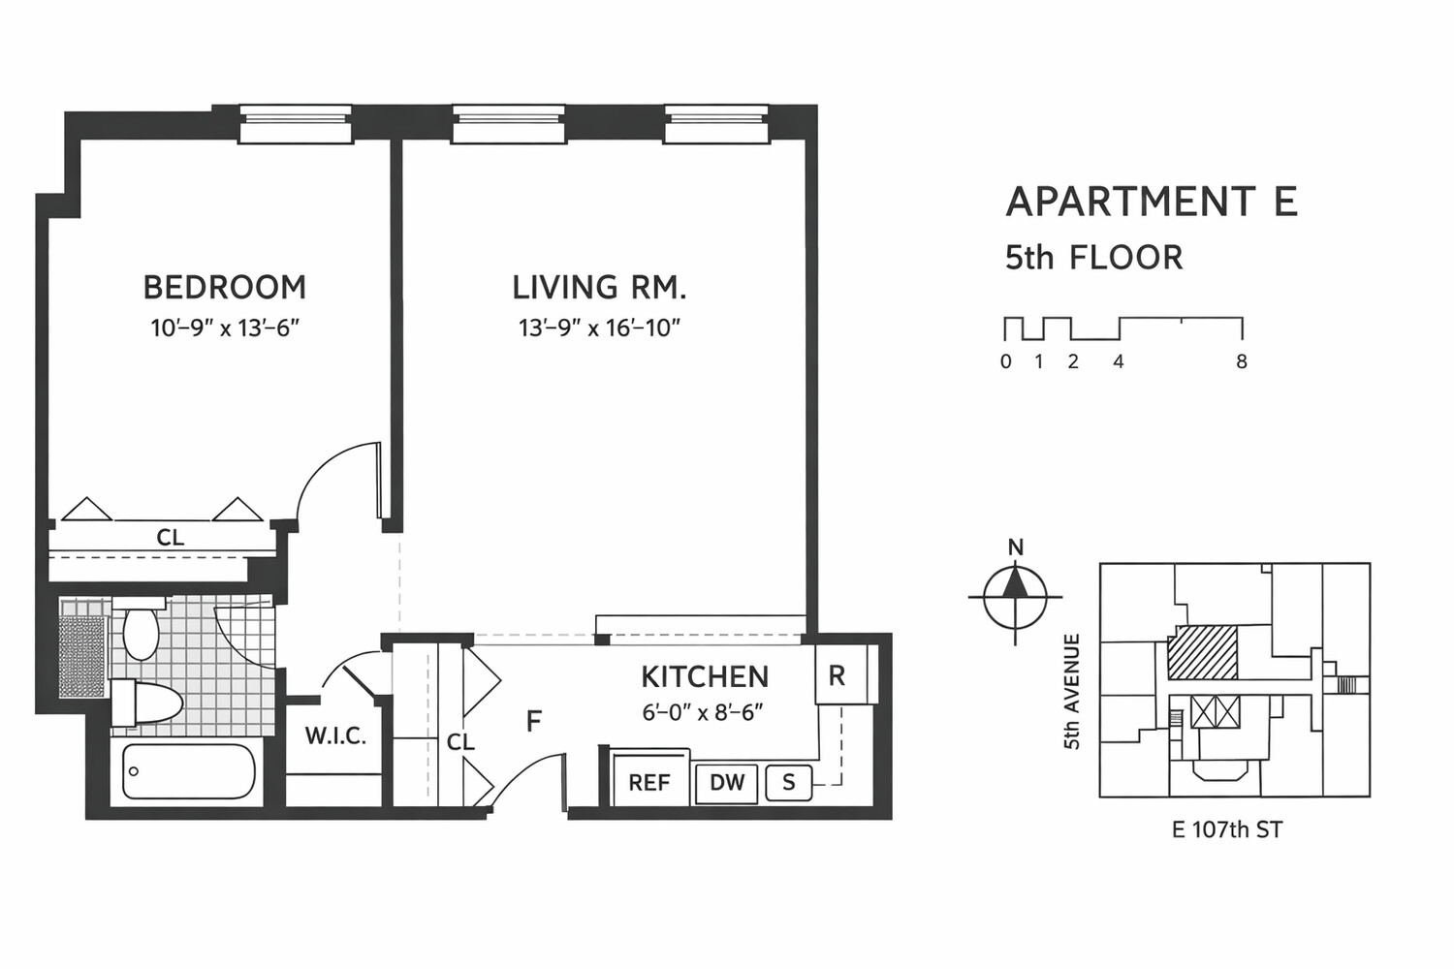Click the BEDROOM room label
click(x=224, y=287)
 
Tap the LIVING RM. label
click(x=599, y=287)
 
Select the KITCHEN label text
click(x=705, y=676)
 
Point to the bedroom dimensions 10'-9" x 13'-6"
click(x=224, y=328)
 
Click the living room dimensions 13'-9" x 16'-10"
click(x=599, y=328)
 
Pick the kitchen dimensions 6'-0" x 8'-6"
click(x=703, y=712)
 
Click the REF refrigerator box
click(x=649, y=782)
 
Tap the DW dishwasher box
click(x=727, y=783)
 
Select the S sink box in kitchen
click(x=789, y=782)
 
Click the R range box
click(x=837, y=675)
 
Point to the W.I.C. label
click(x=335, y=736)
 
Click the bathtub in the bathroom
click(x=188, y=772)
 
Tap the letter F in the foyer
click(x=533, y=721)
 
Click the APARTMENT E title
click(x=1152, y=202)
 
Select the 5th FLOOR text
click(x=1093, y=258)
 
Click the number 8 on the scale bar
click(x=1241, y=361)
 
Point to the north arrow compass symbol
click(x=1015, y=595)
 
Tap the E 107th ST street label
click(x=1227, y=829)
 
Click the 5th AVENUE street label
click(x=1072, y=692)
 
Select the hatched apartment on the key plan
click(x=1203, y=652)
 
